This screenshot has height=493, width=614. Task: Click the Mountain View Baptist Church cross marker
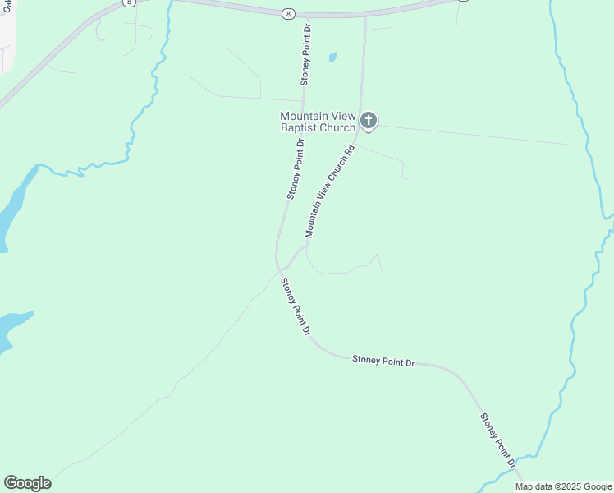coord(369,122)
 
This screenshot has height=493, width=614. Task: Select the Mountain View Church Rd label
coord(329,191)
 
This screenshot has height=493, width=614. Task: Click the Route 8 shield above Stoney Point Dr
coord(288,14)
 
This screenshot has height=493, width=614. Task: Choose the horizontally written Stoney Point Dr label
coord(383,360)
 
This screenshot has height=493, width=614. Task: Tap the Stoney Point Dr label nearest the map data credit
coord(498,440)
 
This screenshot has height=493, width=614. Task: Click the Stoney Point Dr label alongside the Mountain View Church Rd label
coord(296,169)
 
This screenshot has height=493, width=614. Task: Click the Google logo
coord(27,483)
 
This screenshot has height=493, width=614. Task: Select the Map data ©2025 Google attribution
coord(563,486)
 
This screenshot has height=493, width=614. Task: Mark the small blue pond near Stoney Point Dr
coord(332,58)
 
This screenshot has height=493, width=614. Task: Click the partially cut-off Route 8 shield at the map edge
coord(130,2)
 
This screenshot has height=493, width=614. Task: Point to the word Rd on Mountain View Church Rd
coord(350,150)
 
